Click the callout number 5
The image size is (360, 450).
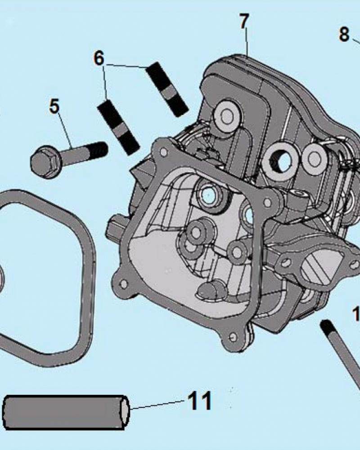point(54,107)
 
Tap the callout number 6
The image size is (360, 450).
point(99,58)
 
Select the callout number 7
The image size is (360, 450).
point(244,21)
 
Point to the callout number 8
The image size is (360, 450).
point(344,34)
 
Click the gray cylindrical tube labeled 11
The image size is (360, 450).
point(63,412)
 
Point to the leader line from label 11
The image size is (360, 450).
point(157,405)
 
